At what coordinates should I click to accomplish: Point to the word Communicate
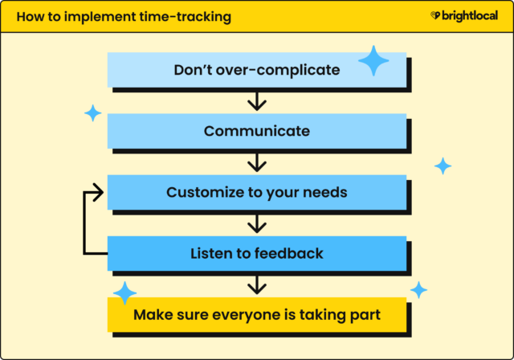click(x=256, y=131)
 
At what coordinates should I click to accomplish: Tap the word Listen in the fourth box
click(x=211, y=254)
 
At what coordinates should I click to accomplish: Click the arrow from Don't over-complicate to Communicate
click(x=256, y=100)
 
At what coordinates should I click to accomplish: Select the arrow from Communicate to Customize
click(x=256, y=162)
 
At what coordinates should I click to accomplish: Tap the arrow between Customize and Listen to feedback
click(x=256, y=223)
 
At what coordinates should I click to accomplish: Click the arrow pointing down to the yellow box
click(x=256, y=284)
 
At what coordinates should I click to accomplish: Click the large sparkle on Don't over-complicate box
click(x=373, y=61)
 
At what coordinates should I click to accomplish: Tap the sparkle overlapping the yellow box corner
click(x=124, y=293)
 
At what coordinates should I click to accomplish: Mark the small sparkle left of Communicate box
click(x=93, y=113)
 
